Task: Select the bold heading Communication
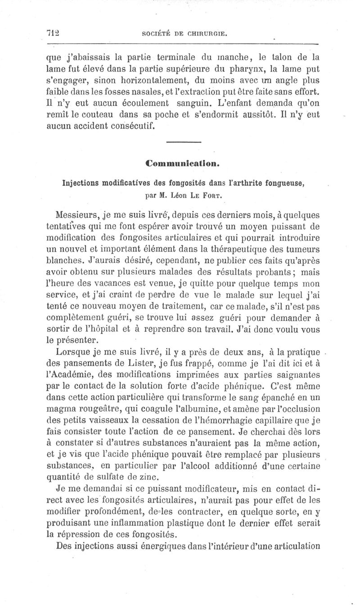(183, 163)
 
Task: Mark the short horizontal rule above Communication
(183, 143)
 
